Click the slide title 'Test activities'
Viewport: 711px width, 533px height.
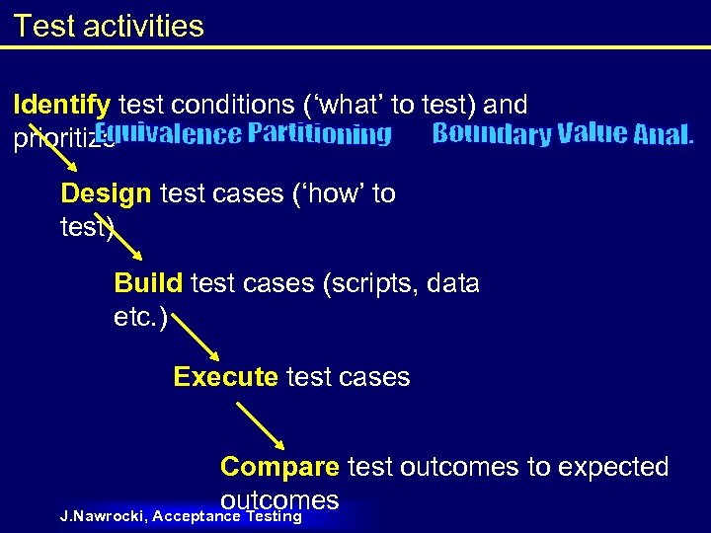point(109,26)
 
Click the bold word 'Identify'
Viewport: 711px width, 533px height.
point(61,105)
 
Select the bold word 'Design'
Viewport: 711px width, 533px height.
point(106,193)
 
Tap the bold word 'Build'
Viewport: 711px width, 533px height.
point(148,283)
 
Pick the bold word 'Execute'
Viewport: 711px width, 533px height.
point(225,376)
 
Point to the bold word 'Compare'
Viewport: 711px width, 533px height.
point(279,466)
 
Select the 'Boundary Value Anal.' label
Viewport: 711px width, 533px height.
point(563,134)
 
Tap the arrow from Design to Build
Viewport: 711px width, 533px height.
point(113,241)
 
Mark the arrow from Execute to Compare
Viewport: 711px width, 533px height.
point(261,423)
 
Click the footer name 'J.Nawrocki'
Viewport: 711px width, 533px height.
point(103,516)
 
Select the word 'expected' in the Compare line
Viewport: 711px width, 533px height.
point(613,466)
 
